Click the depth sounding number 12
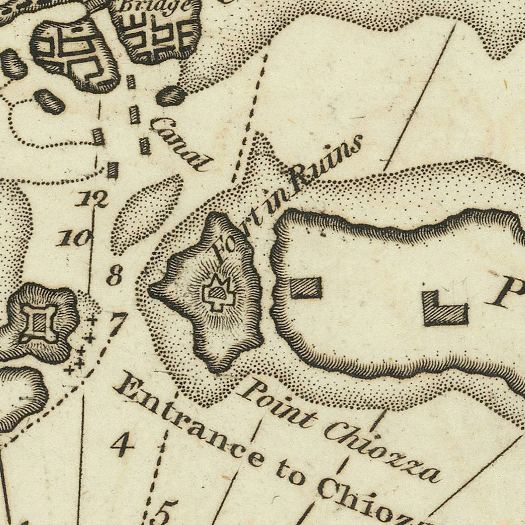click(x=92, y=199)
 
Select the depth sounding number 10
click(x=75, y=237)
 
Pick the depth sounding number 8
click(x=114, y=275)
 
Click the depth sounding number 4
click(x=123, y=446)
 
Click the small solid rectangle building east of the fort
click(x=306, y=288)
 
